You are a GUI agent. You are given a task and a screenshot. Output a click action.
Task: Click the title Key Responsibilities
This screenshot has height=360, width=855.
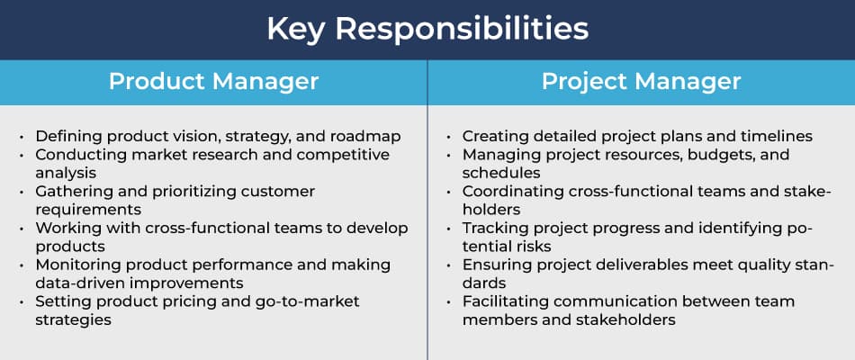[x=427, y=30]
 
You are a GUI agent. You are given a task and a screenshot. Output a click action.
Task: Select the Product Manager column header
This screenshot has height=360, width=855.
[x=214, y=82]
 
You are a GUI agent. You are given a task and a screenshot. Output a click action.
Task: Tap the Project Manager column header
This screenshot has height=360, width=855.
[x=641, y=82]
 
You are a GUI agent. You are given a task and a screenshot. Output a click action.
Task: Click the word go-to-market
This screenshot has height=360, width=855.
[x=312, y=301]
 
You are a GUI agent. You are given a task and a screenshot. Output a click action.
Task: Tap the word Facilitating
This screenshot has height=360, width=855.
[x=504, y=301]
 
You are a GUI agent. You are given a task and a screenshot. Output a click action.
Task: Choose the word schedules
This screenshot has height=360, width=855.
[x=501, y=173]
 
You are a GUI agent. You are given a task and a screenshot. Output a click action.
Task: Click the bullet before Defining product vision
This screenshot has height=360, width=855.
[x=22, y=137]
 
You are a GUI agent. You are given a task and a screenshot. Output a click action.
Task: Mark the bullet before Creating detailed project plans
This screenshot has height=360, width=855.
[x=448, y=137]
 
